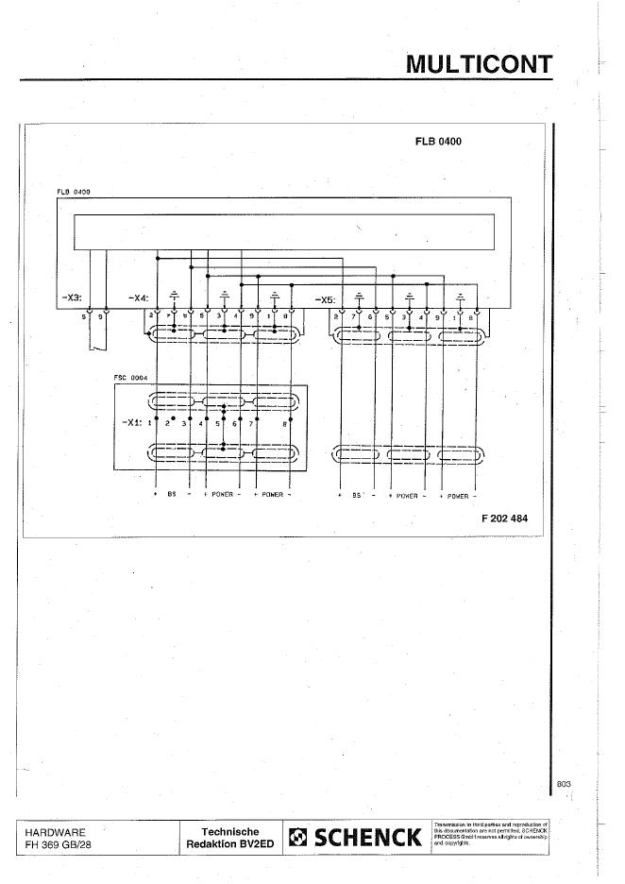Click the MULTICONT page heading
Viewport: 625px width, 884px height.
479,63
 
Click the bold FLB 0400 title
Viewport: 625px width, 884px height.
437,142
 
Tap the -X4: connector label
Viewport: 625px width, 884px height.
137,298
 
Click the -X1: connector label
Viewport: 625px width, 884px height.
131,423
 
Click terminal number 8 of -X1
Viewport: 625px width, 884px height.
286,424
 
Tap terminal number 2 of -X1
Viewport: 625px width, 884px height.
167,424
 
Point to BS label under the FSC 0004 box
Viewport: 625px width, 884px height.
172,495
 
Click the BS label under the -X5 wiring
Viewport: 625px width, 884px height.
357,495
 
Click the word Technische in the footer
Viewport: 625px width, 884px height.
230,832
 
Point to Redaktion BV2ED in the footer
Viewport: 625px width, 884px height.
230,844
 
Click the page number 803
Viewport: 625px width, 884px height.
564,783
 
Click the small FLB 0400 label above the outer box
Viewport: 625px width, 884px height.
74,193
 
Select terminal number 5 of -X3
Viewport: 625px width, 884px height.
84,316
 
